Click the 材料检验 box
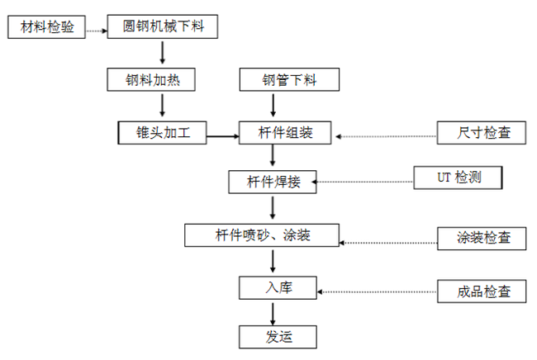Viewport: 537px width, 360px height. pos(45,27)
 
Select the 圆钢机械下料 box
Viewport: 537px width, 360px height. pos(162,27)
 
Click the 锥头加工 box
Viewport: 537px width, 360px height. pos(161,132)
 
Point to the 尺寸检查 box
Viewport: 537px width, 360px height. pos(480,132)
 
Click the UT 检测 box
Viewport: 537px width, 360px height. pos(458,178)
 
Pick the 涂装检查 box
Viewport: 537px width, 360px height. pos(480,238)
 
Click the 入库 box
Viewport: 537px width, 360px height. pos(278,287)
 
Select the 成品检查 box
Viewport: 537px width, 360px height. pos(480,291)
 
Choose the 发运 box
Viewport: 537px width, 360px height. pos(278,336)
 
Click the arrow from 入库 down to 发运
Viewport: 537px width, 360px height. pos(273,311)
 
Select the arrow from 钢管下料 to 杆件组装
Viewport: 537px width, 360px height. pos(273,106)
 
